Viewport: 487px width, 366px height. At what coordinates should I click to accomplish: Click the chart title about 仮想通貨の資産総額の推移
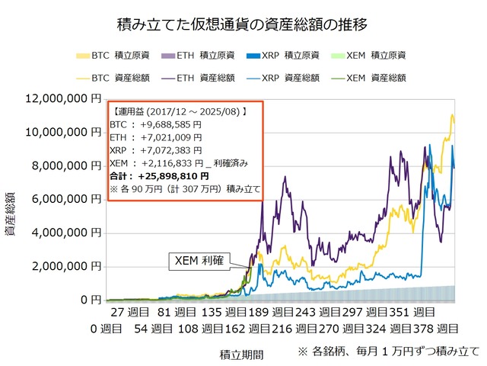click(x=243, y=24)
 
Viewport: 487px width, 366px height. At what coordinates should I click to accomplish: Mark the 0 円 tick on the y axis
click(x=90, y=300)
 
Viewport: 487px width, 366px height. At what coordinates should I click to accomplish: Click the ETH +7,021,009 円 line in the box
click(x=157, y=138)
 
